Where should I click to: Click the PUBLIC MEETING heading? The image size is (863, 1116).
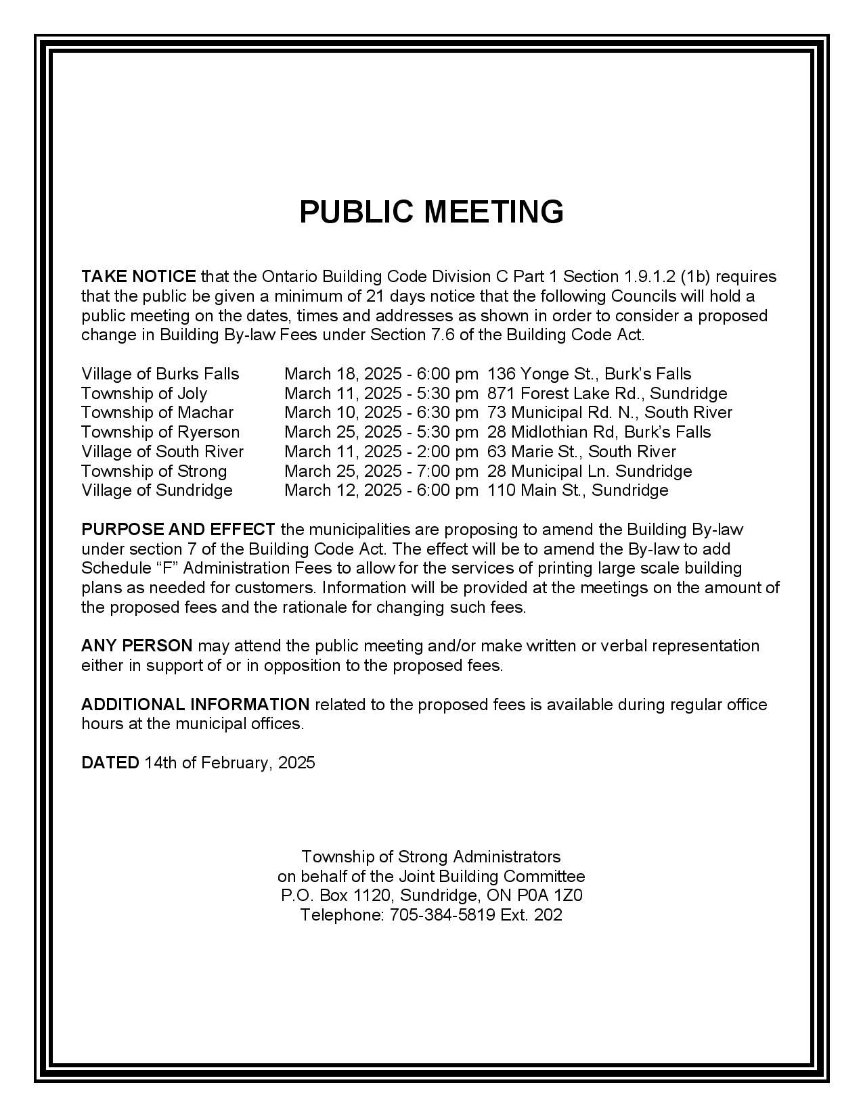click(x=431, y=212)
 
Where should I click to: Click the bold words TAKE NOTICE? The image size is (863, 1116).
click(x=139, y=277)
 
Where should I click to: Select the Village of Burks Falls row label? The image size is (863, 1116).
click(x=160, y=374)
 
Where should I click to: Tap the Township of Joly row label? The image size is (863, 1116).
click(x=144, y=394)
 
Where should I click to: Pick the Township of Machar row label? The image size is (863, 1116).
click(x=157, y=413)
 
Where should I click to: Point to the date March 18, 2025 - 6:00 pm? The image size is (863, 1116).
click(x=381, y=374)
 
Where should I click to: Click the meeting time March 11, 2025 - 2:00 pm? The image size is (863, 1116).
click(x=381, y=452)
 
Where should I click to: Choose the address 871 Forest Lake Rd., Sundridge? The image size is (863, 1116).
click(x=607, y=394)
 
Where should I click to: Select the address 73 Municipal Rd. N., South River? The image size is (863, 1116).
click(x=609, y=413)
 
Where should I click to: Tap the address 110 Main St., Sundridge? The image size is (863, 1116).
click(x=577, y=490)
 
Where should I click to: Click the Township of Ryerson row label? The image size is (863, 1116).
click(x=160, y=432)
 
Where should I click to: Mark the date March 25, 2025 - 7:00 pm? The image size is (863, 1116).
click(x=381, y=471)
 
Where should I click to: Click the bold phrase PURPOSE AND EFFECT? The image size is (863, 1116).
click(x=178, y=530)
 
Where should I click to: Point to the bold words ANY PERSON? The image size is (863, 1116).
click(x=137, y=646)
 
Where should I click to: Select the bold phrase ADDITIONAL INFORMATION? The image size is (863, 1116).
click(x=195, y=705)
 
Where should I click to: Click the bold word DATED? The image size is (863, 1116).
click(x=110, y=763)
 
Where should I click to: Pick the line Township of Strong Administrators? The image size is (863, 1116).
click(x=431, y=857)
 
